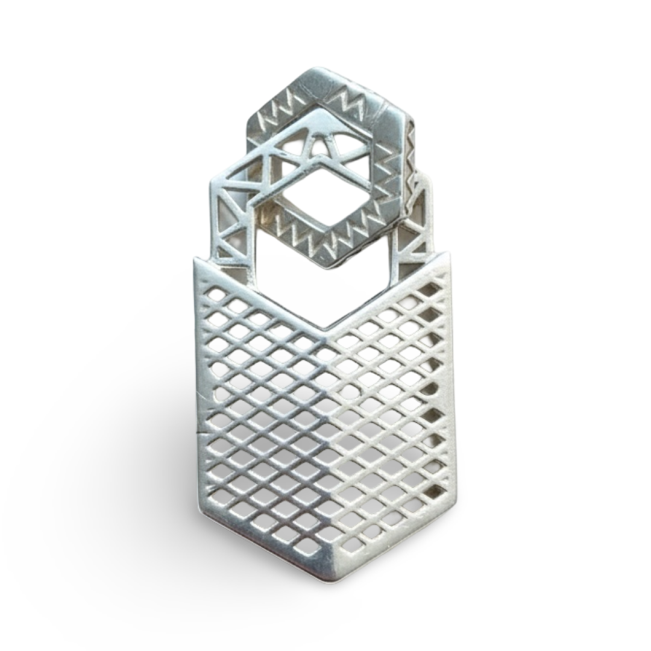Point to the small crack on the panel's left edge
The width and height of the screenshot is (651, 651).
click(x=200, y=431)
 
